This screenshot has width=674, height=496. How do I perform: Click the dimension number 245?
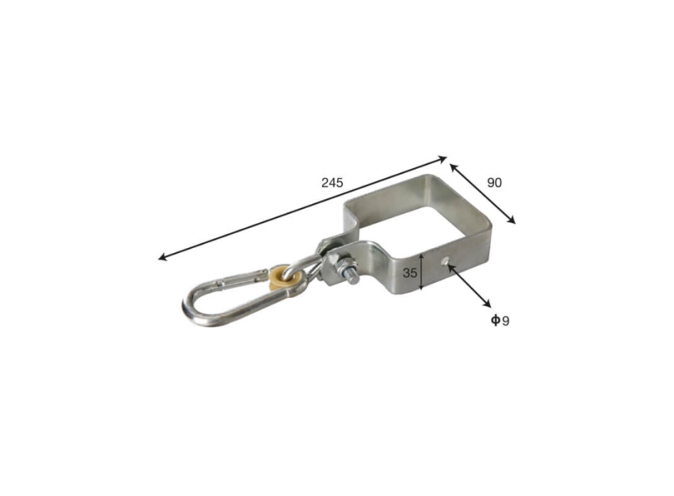pos(331,182)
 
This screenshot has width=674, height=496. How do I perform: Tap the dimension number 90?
pos(494,182)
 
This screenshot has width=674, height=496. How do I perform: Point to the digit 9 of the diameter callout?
pos(505,321)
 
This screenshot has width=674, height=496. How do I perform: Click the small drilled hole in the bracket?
pos(445,264)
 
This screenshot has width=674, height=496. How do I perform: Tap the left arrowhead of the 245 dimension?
pos(163,258)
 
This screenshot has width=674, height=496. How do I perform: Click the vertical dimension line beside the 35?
pos(421,271)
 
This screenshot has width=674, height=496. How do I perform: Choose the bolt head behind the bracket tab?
pos(328,244)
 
